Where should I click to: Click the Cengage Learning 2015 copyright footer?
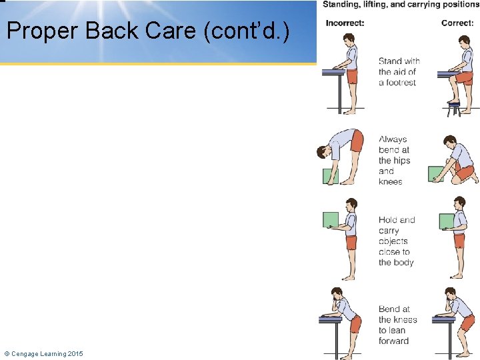point(43,353)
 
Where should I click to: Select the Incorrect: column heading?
point(345,23)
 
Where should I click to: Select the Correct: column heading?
point(457,23)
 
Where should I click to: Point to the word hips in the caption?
point(401,161)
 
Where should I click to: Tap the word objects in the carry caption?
point(393,241)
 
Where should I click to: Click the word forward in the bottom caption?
point(393,341)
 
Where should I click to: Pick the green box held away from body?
point(331,219)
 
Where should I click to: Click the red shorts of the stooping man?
point(357,141)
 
